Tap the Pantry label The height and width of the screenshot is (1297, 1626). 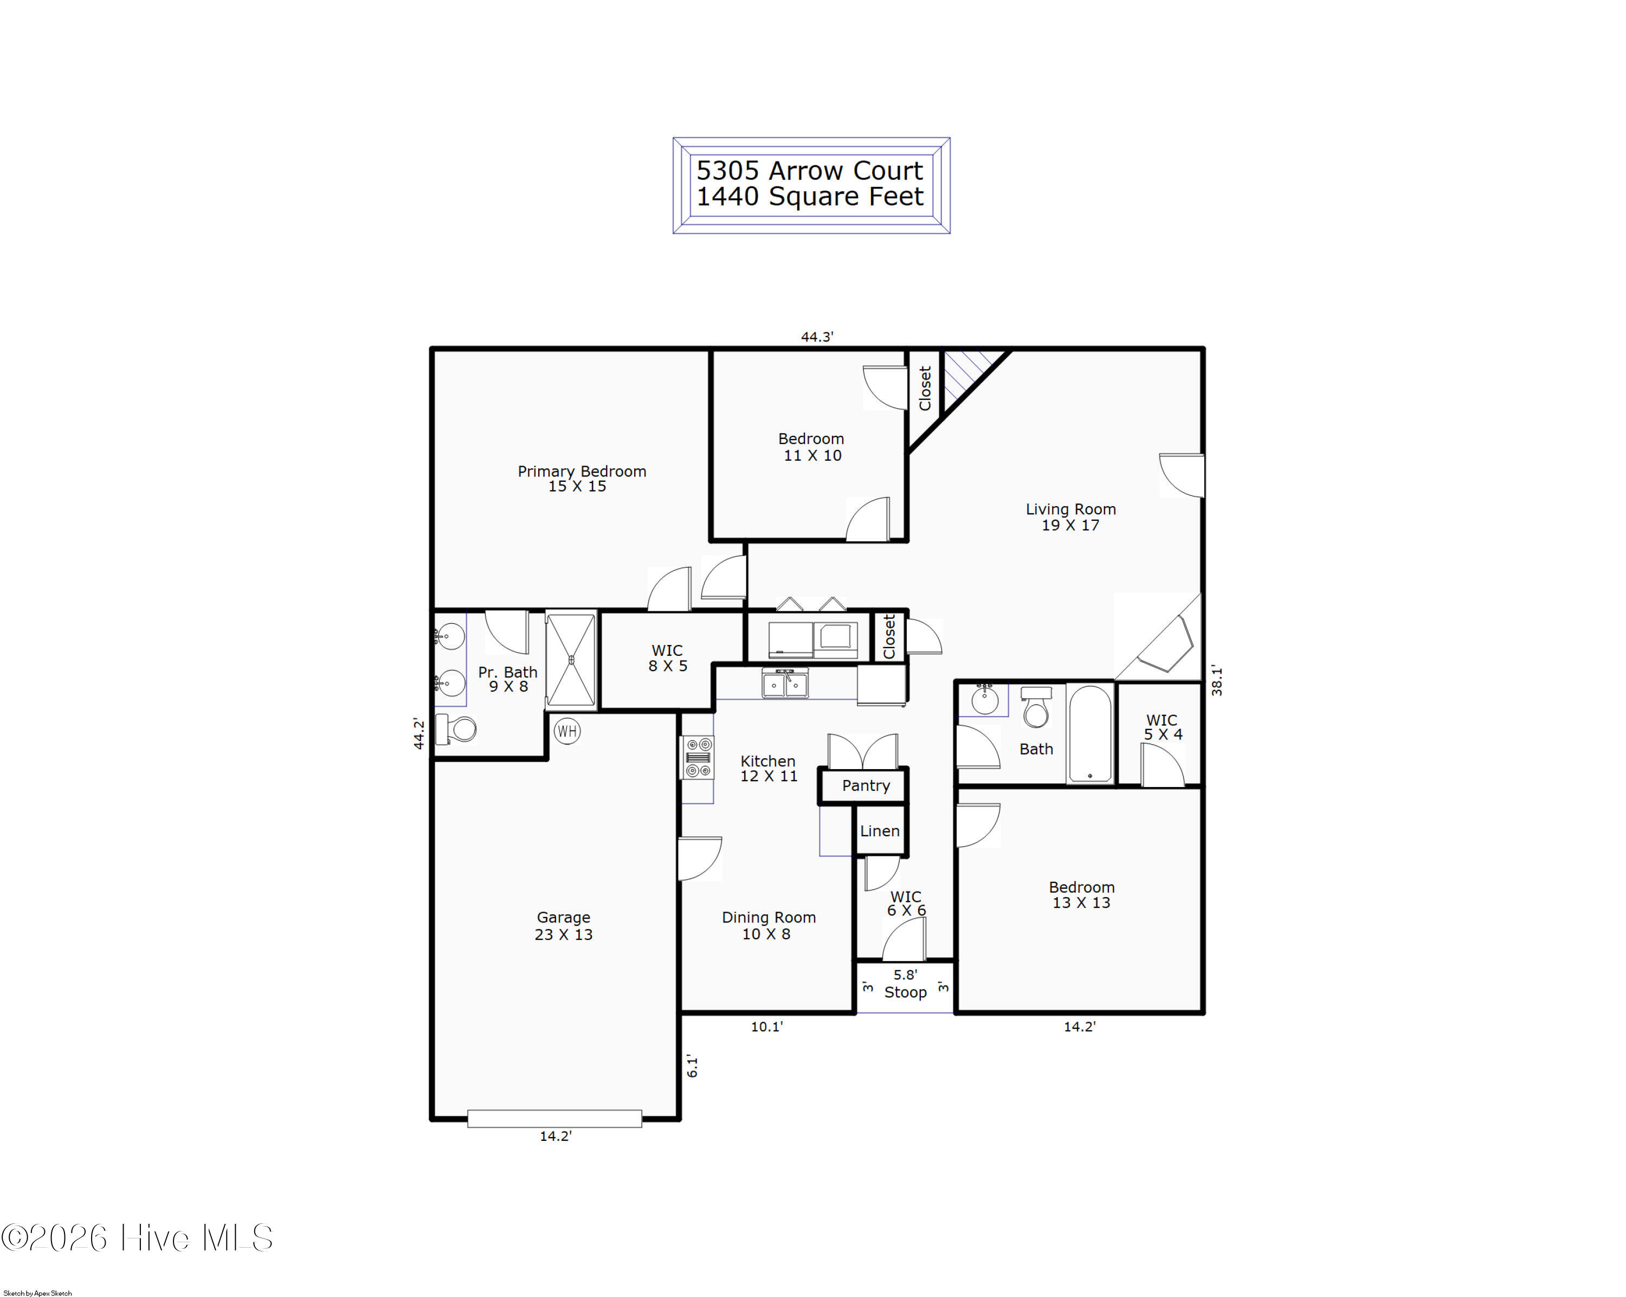[866, 786]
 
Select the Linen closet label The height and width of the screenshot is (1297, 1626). [879, 831]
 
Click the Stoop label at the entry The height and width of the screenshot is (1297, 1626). [905, 992]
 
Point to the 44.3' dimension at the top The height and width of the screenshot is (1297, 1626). [817, 337]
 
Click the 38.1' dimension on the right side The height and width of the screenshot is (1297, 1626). [1216, 680]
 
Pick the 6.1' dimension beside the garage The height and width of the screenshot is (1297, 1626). [692, 1066]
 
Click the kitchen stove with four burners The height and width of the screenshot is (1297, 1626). [698, 757]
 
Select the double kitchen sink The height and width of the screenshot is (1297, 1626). [785, 683]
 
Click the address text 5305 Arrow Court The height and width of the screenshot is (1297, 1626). [809, 170]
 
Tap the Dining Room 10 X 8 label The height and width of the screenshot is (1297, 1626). [769, 925]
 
